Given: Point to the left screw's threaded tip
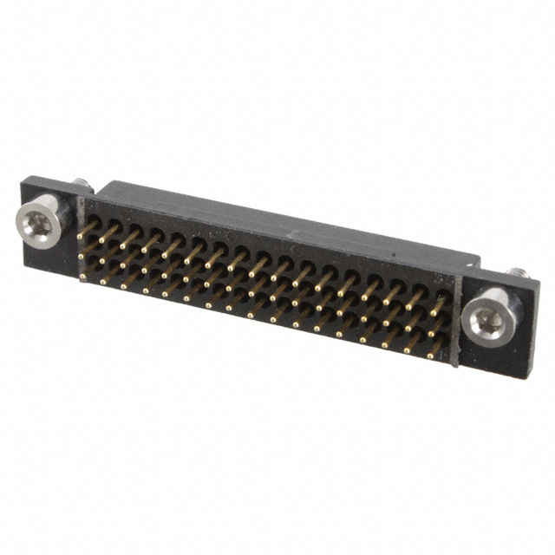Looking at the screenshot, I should (81, 183).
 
